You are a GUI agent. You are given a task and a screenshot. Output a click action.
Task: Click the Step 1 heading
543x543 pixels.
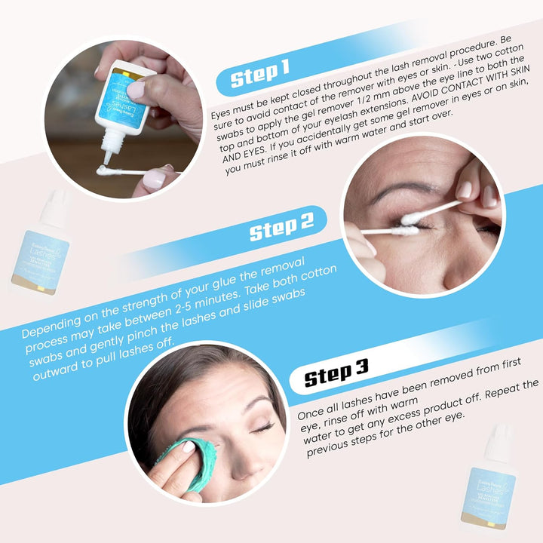click(260, 72)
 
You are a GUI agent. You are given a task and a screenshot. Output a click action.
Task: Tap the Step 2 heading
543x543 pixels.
click(281, 226)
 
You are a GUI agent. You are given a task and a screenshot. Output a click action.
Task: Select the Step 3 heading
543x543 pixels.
click(336, 371)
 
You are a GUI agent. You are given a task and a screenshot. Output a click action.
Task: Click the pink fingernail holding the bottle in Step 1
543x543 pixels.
click(137, 90)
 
